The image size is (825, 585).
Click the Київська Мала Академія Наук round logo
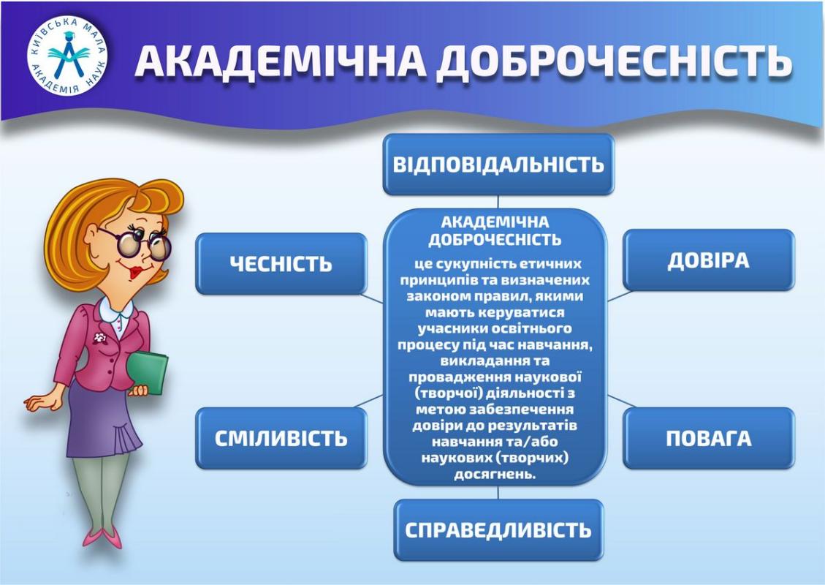[x=67, y=56]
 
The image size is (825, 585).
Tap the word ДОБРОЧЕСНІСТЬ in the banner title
[x=614, y=61]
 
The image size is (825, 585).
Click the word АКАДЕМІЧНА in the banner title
[x=281, y=61]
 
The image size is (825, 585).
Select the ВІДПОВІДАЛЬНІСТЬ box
[x=498, y=165]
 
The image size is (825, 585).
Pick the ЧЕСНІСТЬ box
[x=281, y=263]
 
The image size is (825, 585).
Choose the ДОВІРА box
[x=708, y=260]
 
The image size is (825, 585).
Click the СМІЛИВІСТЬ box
[x=281, y=438]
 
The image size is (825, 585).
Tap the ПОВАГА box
[x=708, y=438]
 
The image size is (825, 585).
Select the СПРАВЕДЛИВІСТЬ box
[x=498, y=529]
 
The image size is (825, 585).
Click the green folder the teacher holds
[x=148, y=371]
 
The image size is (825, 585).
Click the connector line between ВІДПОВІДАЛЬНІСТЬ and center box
[x=498, y=202]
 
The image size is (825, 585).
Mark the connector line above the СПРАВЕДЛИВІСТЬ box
[x=498, y=492]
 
